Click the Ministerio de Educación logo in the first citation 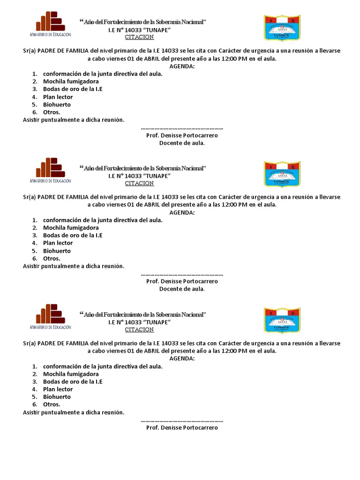point(51,25)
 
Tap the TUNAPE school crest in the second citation point(282,174)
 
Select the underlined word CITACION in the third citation point(139,330)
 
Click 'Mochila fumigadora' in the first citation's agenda point(71,82)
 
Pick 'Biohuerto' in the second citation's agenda point(57,251)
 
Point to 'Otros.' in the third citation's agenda point(52,405)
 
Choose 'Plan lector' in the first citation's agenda point(58,97)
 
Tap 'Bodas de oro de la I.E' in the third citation point(73,382)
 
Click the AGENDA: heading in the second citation point(182,212)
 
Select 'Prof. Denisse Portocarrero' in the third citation point(182,428)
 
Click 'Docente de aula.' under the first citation point(182,143)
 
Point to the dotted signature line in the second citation point(182,274)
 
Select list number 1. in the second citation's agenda point(35,220)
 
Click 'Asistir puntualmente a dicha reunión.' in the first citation point(74,120)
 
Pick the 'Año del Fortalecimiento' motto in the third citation point(143,315)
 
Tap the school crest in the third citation point(282,320)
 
